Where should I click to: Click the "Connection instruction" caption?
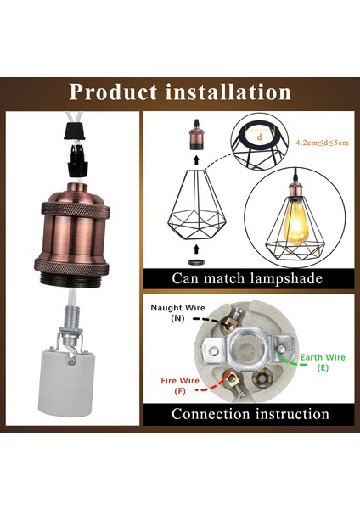(x=250, y=414)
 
